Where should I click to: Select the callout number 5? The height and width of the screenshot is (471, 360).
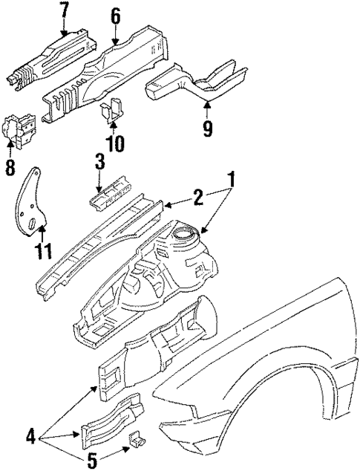point(92,461)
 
